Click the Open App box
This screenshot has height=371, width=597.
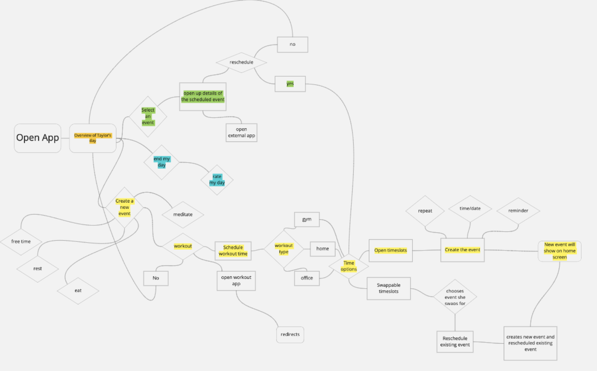[37, 138]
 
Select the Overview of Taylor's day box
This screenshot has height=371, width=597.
[93, 138]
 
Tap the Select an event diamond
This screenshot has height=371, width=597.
[148, 116]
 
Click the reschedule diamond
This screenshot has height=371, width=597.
[241, 62]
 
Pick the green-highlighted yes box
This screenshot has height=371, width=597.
[290, 84]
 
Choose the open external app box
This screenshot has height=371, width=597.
[241, 132]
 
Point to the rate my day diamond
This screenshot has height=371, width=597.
[217, 180]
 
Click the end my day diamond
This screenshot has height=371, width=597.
[162, 162]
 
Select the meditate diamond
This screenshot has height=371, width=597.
[183, 215]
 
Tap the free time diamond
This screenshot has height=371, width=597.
[21, 242]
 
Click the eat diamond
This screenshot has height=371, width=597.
[78, 290]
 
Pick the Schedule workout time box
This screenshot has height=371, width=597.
[233, 251]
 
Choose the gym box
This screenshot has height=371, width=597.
[307, 219]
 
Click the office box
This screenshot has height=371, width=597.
[307, 278]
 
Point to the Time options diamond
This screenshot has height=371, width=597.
[349, 266]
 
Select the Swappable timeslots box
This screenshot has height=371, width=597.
[388, 288]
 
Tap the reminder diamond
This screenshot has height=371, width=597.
[518, 211]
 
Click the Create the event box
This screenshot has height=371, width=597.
[462, 250]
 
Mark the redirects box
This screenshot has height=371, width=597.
[290, 334]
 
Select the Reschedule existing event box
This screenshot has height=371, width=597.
[455, 342]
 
